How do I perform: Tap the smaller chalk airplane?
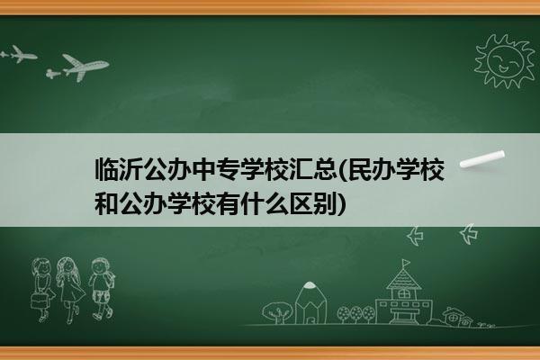[x=19, y=54]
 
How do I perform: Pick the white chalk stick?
[x=482, y=159]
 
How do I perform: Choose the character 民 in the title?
[x=360, y=169]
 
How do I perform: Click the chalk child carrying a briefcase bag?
[x=42, y=290]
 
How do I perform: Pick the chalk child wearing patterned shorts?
[x=101, y=289]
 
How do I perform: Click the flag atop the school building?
[x=407, y=263]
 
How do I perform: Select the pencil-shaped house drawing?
[x=310, y=303]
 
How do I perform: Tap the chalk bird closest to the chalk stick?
[x=469, y=234]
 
